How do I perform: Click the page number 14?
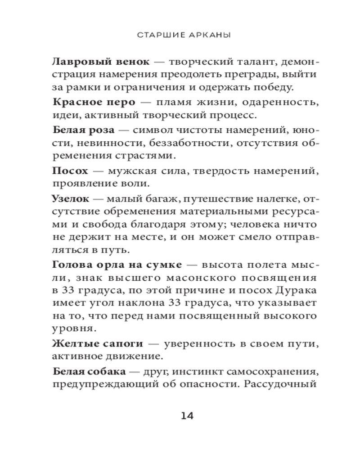pyautogui.click(x=186, y=415)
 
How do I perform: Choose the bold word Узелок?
pyautogui.click(x=71, y=198)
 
